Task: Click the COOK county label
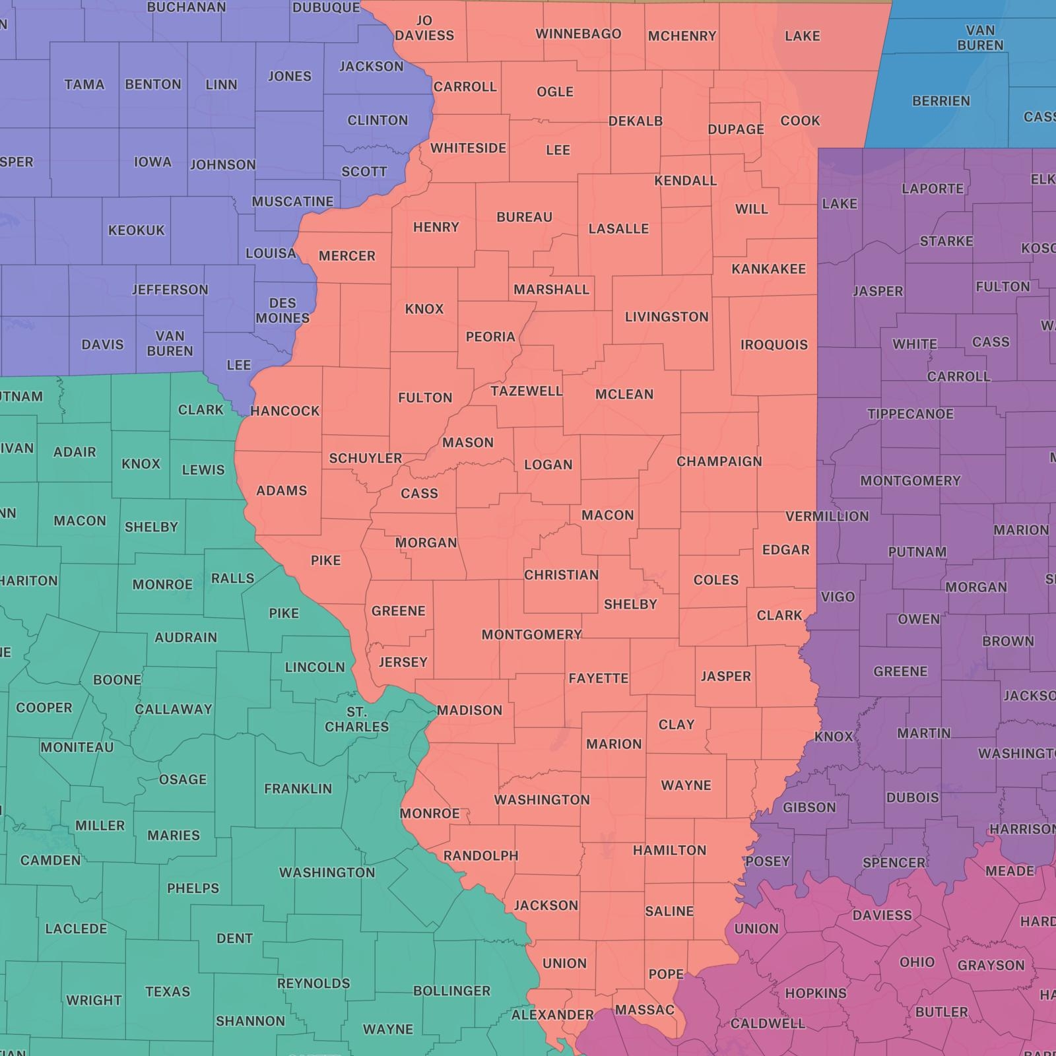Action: (x=800, y=121)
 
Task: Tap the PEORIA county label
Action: (x=490, y=337)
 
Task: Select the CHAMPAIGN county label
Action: (x=719, y=461)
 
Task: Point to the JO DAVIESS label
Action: (x=424, y=28)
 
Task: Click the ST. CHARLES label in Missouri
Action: (x=356, y=719)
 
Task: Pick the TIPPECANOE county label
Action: (x=910, y=414)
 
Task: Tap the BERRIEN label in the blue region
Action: (x=940, y=101)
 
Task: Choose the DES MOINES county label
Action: (x=282, y=310)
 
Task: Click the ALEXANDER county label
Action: (x=552, y=1014)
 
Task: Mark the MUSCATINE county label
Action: (x=292, y=201)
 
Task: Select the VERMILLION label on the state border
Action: (x=826, y=516)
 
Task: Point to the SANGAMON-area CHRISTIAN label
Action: (x=561, y=575)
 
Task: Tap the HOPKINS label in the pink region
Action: (x=815, y=993)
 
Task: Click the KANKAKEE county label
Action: (x=768, y=269)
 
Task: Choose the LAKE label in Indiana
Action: (x=839, y=204)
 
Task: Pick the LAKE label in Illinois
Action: (x=802, y=36)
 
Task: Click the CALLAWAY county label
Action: (x=173, y=709)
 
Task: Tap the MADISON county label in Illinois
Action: (x=469, y=710)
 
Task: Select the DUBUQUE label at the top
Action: (x=326, y=7)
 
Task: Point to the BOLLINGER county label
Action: (x=451, y=991)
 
